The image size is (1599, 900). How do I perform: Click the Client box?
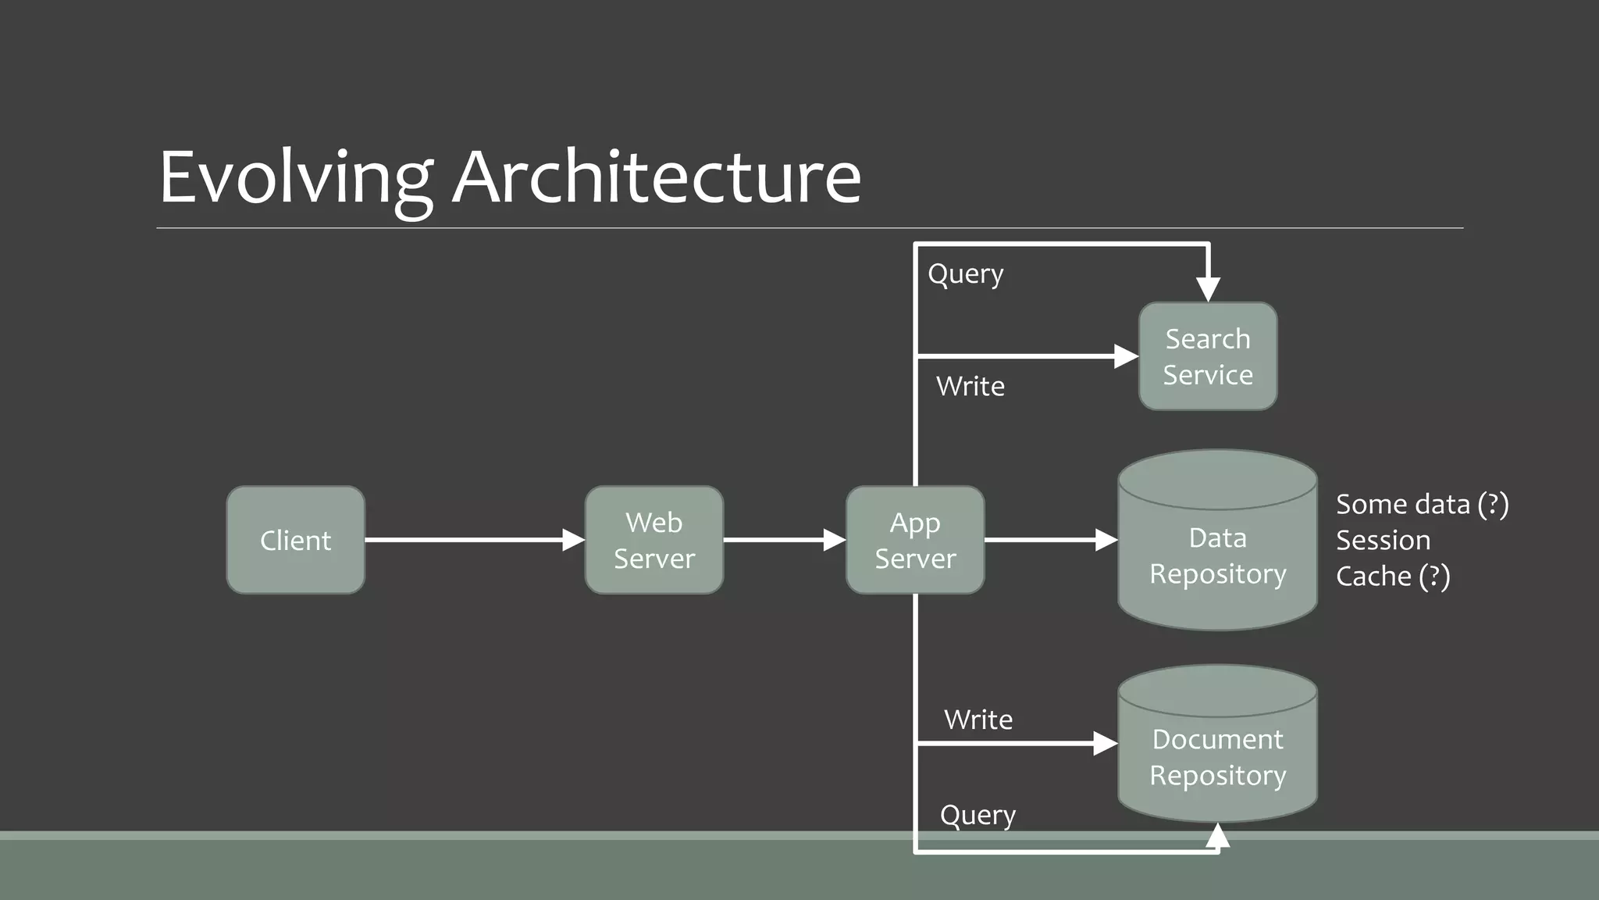click(295, 540)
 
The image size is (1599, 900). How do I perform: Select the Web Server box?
click(653, 540)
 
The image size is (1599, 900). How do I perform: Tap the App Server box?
click(915, 540)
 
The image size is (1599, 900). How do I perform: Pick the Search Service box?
click(1208, 356)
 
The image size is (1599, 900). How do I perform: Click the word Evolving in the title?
click(295, 178)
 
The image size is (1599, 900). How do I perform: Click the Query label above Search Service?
click(966, 274)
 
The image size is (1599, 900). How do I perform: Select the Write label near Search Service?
click(970, 386)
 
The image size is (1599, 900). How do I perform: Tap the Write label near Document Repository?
click(978, 720)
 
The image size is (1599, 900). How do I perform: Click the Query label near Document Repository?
click(978, 816)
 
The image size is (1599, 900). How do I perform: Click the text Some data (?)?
click(1422, 505)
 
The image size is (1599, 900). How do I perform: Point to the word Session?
click(1383, 540)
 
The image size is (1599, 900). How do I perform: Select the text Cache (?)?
click(1392, 577)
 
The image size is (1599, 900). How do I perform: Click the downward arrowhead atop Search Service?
click(1208, 289)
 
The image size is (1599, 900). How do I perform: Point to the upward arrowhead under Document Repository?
click(1217, 837)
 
